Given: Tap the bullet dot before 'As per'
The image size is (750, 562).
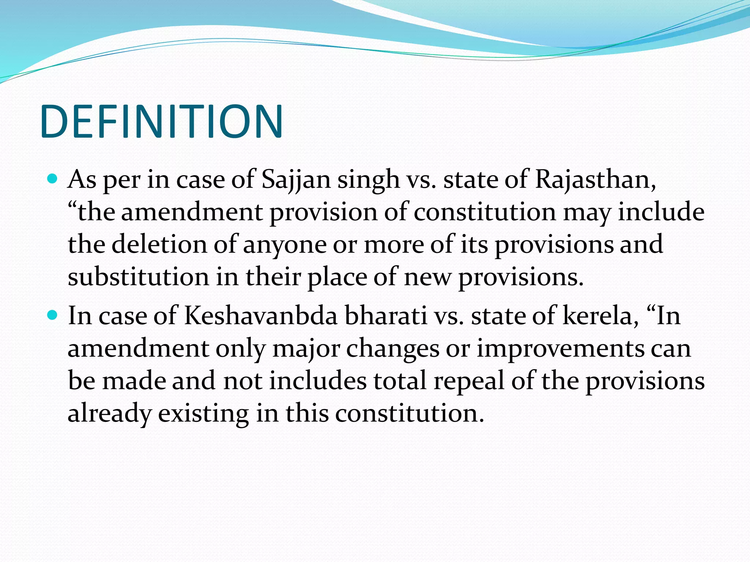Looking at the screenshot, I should click(x=53, y=179).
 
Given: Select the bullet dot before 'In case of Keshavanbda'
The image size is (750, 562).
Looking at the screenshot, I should click(x=53, y=314).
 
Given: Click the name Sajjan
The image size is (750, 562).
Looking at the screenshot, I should click(x=296, y=180).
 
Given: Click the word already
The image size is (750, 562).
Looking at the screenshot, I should click(x=109, y=413).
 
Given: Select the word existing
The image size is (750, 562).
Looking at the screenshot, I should click(x=203, y=413).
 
